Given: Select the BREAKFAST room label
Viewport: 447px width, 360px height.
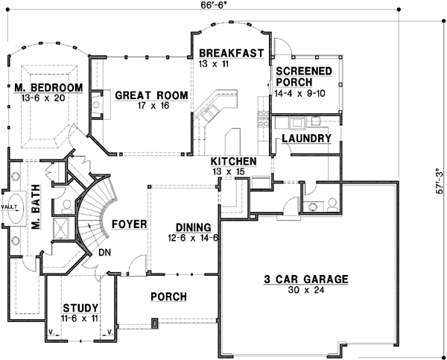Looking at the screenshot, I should (231, 53).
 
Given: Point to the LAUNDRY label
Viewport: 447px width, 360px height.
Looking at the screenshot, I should (306, 139).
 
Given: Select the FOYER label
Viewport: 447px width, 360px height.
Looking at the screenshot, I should (128, 224).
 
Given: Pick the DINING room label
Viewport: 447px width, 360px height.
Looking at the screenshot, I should (192, 227).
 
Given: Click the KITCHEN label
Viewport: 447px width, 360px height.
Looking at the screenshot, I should (233, 162).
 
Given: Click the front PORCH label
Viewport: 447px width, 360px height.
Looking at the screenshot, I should (168, 296).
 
